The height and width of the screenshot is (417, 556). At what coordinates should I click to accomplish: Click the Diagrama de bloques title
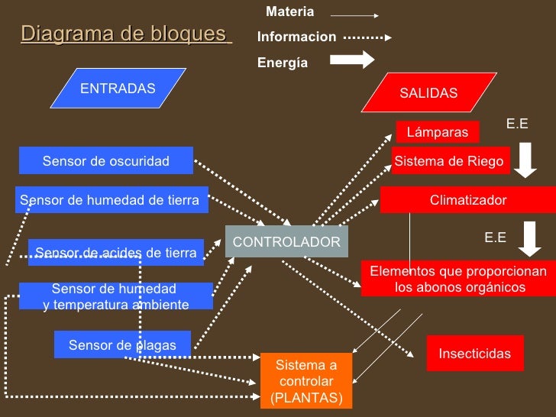pos(127,34)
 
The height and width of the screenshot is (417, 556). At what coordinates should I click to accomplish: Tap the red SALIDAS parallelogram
pos(428,93)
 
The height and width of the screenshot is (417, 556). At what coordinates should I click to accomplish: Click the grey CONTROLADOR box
pos(286,241)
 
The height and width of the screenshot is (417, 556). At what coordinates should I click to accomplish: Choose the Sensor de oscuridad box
pos(106,160)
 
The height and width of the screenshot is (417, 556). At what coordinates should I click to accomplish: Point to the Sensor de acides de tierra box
pos(116,253)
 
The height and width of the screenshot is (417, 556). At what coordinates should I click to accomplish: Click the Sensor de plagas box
pos(122,345)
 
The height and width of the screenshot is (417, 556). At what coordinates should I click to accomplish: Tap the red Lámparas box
pos(438,132)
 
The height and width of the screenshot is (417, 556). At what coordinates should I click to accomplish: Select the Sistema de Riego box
pos(449,161)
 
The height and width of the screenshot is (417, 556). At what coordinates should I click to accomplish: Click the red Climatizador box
pos(468,200)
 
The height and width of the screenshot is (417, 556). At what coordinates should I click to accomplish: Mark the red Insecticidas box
pos(474,354)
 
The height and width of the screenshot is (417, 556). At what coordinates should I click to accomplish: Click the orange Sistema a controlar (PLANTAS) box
pos(306,380)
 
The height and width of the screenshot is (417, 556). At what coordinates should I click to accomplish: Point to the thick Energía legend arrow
pos(352,61)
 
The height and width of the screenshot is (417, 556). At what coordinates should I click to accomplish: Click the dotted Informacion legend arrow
pos(367,37)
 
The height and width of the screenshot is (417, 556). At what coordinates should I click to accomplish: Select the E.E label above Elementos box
pos(496,238)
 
